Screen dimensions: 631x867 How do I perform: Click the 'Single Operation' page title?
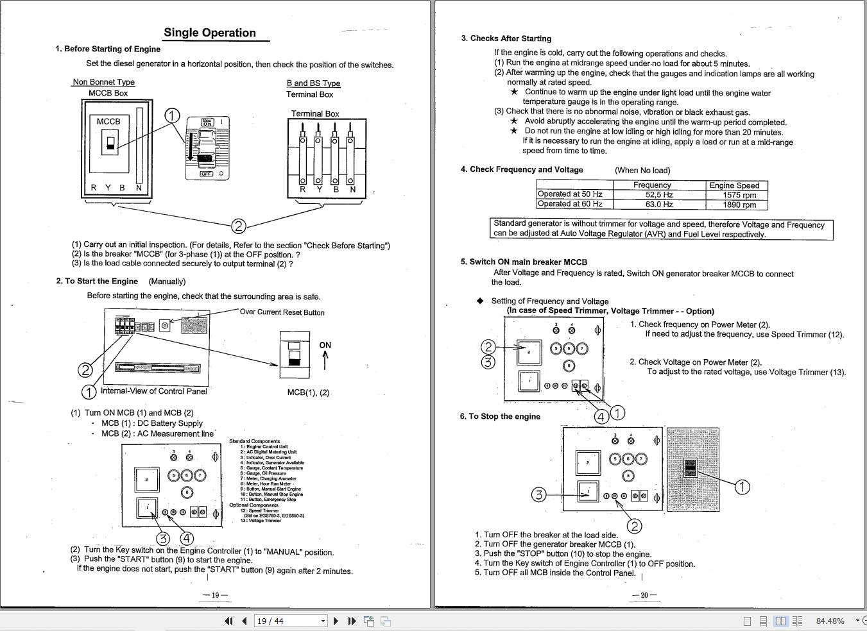click(210, 33)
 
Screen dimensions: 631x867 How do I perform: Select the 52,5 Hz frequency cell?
click(658, 195)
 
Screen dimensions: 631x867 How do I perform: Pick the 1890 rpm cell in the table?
click(739, 205)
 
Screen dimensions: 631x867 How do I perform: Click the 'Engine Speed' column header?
click(734, 185)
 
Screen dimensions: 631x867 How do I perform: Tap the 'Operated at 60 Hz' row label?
click(570, 204)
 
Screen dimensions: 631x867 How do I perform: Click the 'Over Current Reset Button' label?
click(282, 312)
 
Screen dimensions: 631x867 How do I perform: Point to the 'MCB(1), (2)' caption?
click(308, 392)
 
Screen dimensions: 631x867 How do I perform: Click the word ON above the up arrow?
click(325, 345)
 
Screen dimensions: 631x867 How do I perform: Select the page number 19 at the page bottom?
click(215, 595)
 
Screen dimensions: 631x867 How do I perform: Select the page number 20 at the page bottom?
click(644, 595)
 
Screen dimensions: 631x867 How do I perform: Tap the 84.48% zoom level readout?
click(830, 621)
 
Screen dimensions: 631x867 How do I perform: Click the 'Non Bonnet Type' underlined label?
click(103, 82)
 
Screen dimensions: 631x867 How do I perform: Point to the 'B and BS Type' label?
click(313, 83)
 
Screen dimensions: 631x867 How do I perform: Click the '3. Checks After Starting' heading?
click(506, 38)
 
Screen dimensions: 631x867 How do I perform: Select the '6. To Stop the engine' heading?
click(500, 416)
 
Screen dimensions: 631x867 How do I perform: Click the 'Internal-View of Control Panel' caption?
click(153, 391)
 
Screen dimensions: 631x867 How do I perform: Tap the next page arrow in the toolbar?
click(336, 621)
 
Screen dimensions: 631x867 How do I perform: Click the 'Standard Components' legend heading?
click(254, 441)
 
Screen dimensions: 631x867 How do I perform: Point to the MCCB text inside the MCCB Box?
click(108, 121)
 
